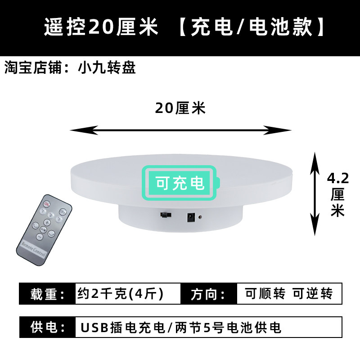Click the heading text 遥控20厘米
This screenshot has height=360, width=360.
101,28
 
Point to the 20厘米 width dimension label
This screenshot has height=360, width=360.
180,108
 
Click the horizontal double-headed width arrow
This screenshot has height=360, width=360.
180,130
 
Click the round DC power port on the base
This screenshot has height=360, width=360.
191,218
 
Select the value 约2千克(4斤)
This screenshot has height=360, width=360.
121,294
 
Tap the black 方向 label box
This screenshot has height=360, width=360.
208,294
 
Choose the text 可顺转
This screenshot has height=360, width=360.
265,294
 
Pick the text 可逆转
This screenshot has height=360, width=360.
313,294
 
